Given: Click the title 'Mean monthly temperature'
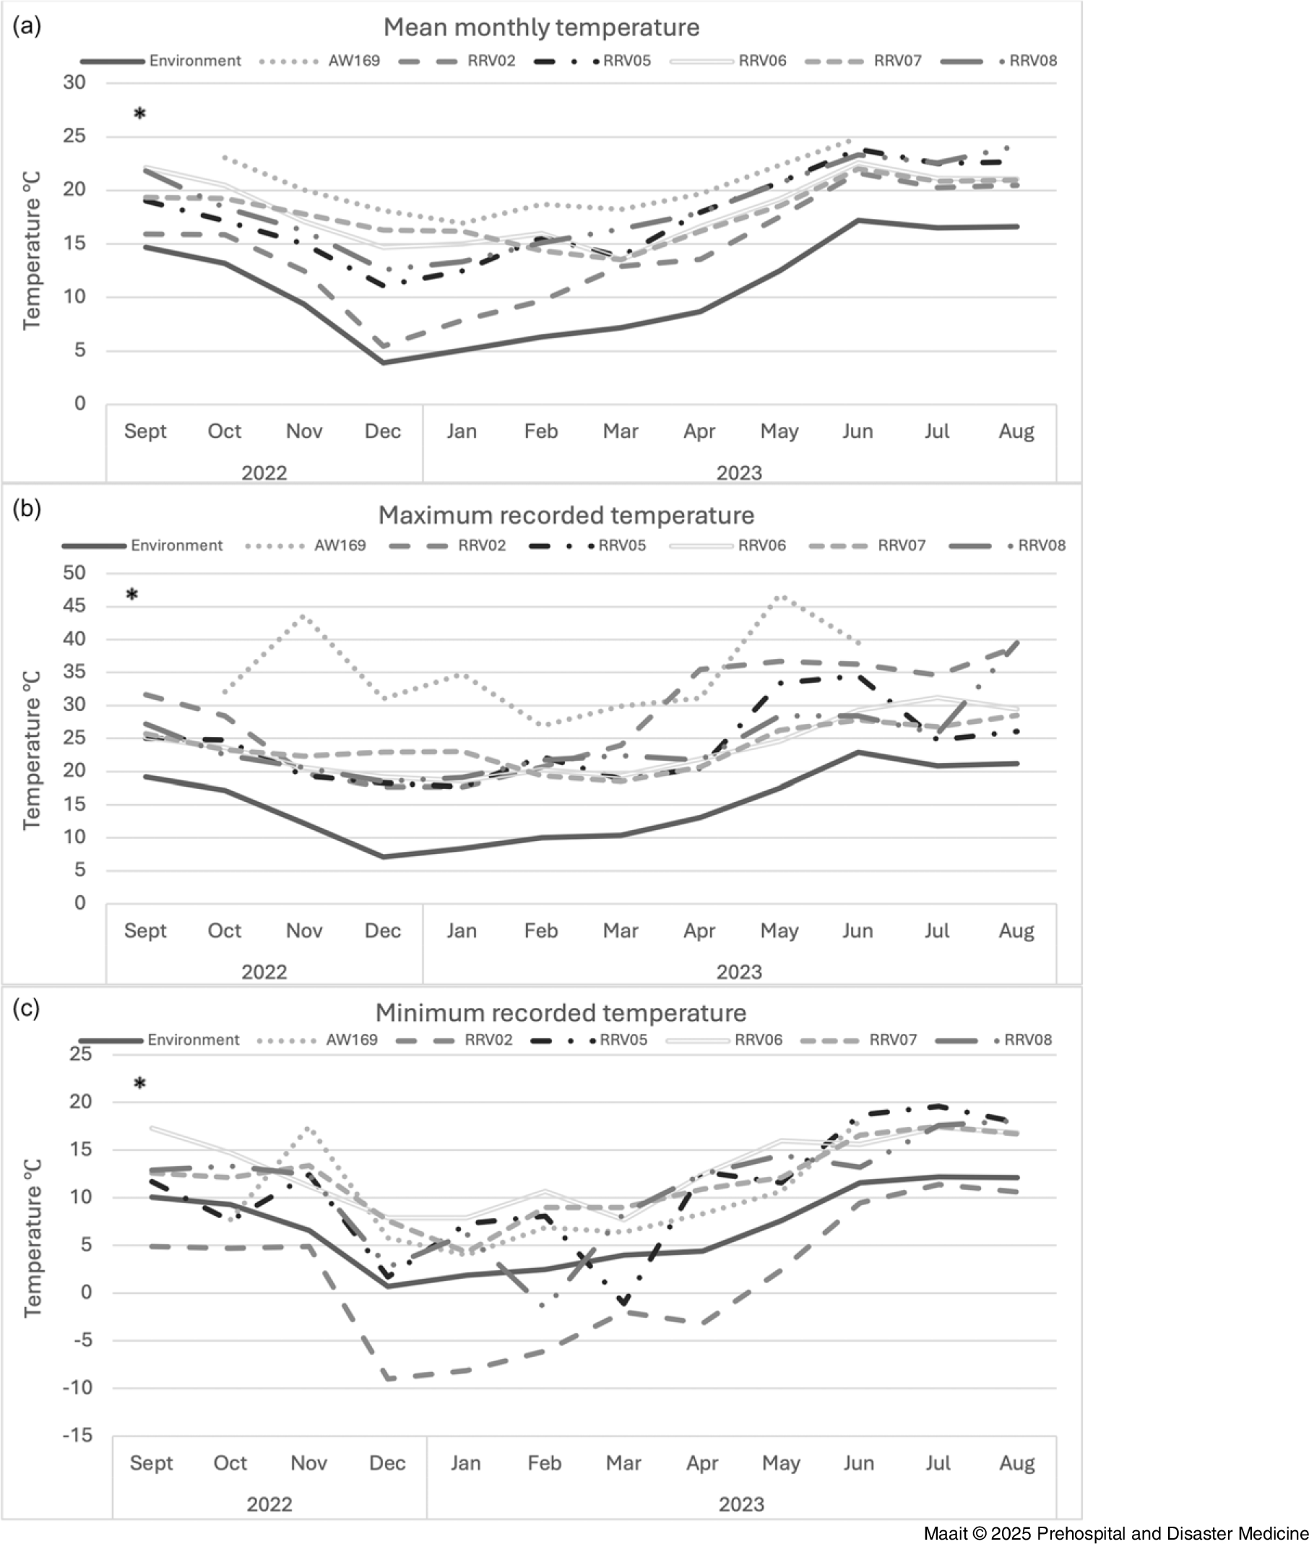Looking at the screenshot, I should point(541,27).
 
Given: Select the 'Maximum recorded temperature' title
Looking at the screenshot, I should point(566,515).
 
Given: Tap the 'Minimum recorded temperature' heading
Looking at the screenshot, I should point(561,1012).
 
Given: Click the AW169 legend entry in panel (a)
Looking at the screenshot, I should point(353,61).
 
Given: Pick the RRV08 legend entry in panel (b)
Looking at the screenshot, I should point(1040,545).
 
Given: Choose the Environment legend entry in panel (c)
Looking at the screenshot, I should point(193,1040).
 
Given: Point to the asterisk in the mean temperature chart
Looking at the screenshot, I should point(139,114).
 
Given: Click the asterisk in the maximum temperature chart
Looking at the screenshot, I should point(132,595).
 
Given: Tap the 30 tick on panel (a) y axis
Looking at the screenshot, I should point(74,82).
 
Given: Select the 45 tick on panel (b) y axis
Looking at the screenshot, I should point(74,605).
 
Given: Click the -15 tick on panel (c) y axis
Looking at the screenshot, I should point(78,1436).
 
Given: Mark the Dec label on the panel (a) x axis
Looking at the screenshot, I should point(383,431).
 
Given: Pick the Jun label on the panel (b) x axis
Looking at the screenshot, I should point(857,931).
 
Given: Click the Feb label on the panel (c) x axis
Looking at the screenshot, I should point(544,1463).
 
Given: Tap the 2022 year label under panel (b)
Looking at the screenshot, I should point(264,972).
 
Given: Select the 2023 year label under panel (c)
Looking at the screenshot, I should point(740,1505).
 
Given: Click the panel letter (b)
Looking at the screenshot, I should point(27,509).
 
